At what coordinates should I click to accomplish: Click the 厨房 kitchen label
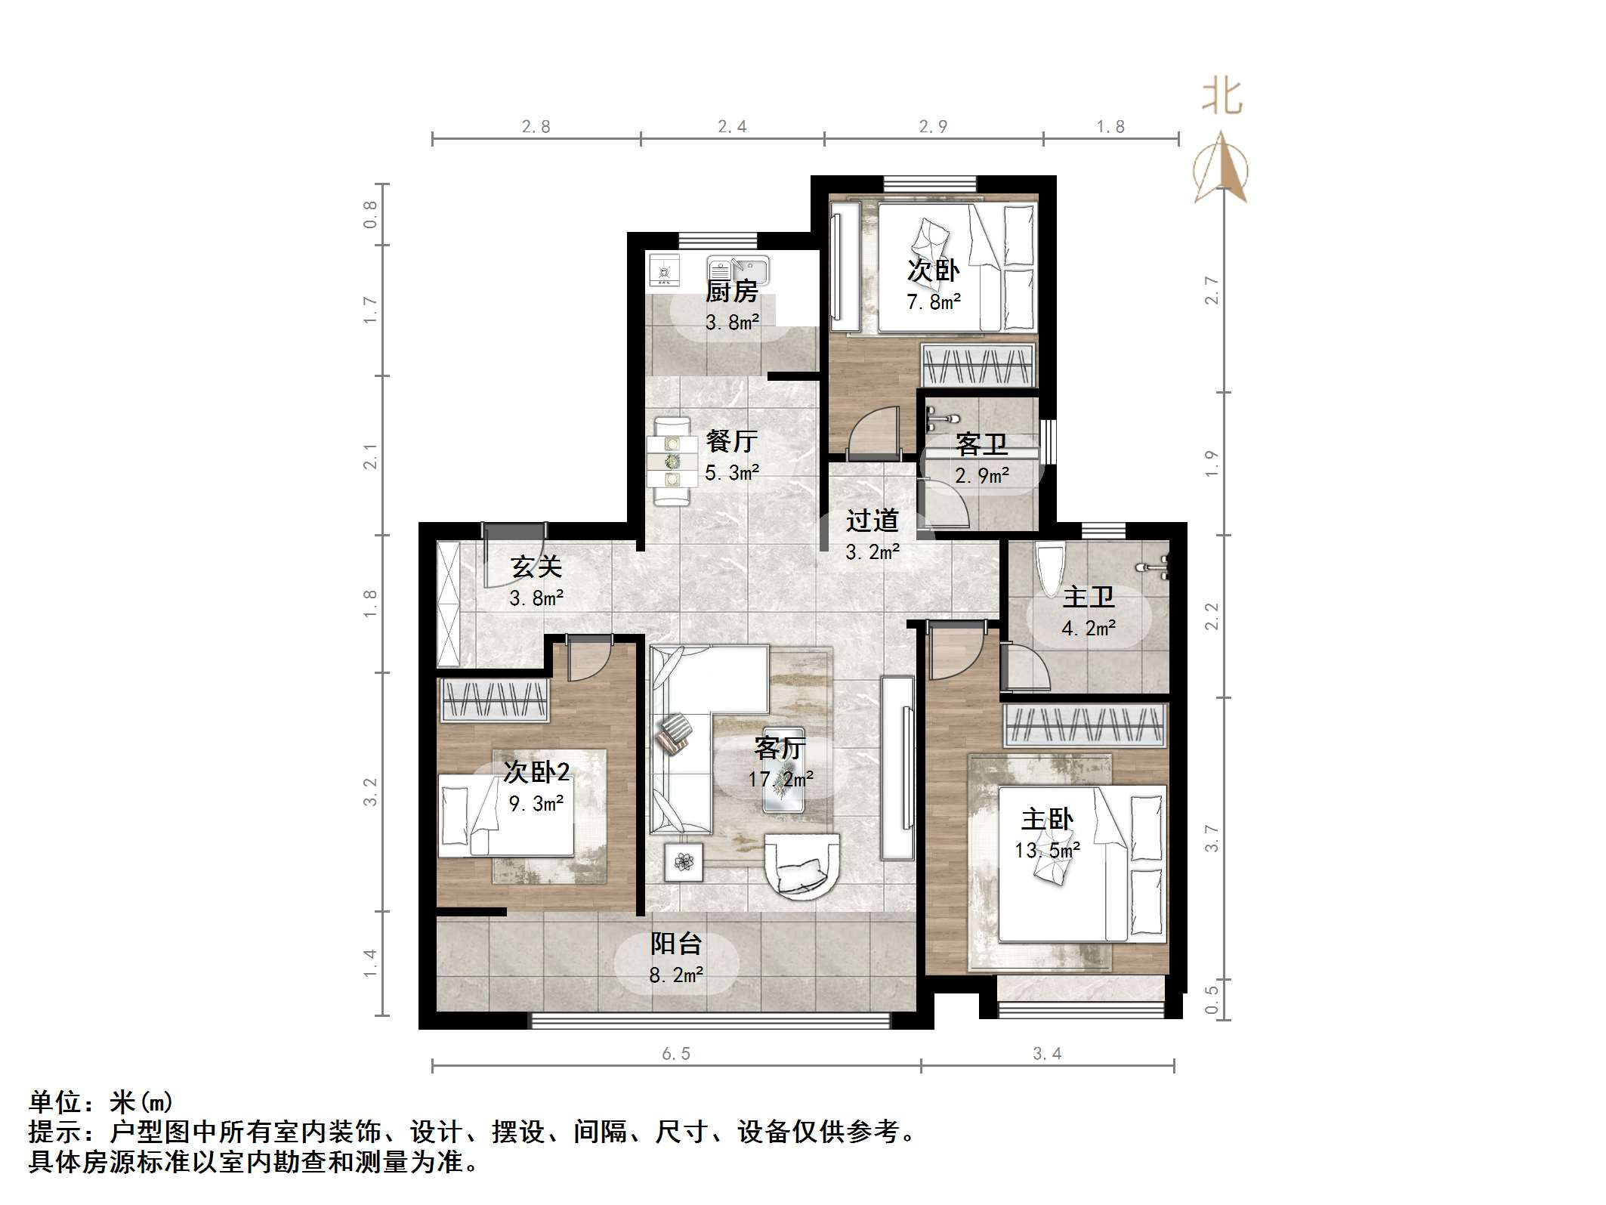731,291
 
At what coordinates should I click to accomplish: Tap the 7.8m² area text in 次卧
934,302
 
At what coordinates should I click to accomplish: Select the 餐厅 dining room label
731,441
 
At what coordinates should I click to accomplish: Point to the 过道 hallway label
872,521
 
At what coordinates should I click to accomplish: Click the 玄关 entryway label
536,567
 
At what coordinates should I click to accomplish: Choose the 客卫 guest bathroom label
981,444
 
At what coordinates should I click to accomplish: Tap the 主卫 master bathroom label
1089,598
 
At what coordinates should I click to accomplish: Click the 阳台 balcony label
676,944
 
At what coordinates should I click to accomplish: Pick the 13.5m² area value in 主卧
1047,851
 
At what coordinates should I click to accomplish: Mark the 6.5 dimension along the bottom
676,1054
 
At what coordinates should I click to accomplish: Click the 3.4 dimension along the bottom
1047,1054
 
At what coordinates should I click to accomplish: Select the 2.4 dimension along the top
732,127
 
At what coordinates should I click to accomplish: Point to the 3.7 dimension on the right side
1211,839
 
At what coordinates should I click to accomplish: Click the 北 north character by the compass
1221,97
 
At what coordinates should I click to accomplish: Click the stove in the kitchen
664,271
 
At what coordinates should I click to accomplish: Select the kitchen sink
738,270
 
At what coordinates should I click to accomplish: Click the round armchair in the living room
801,864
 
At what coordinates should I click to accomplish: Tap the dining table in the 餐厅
671,461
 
